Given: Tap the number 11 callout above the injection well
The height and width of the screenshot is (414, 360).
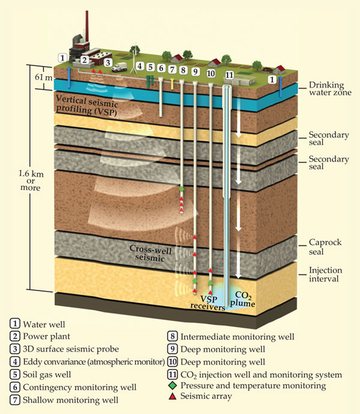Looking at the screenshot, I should pyautogui.click(x=229, y=75).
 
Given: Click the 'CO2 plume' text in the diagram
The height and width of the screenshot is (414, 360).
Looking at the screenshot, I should pyautogui.click(x=246, y=299).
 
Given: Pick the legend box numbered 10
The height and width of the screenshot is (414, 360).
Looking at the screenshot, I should pyautogui.click(x=173, y=361).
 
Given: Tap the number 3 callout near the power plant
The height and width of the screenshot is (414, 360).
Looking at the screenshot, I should pyautogui.click(x=107, y=62).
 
